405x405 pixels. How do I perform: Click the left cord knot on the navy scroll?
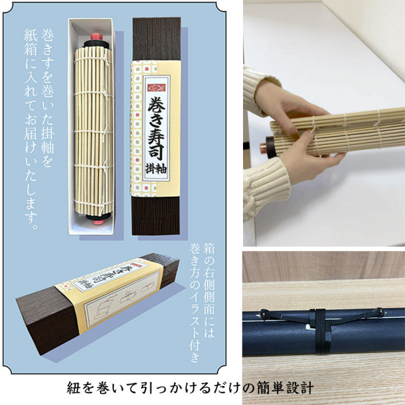[x=264, y=315]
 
